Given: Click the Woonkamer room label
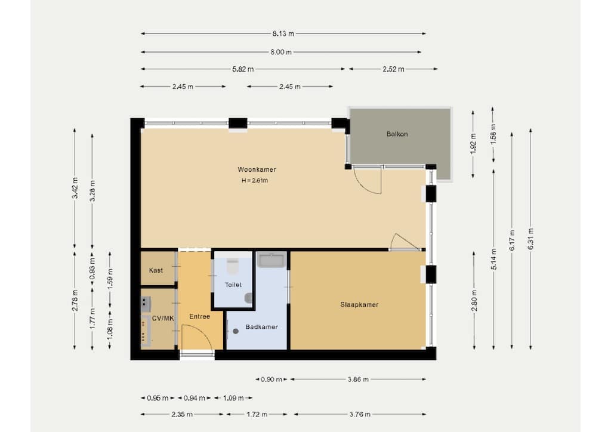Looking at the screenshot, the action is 257,169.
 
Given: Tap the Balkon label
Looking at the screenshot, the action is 397,134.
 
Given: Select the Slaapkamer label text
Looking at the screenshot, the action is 359,305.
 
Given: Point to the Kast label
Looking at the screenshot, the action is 156,270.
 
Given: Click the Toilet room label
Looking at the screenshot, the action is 233,285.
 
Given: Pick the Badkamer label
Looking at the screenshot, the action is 261,327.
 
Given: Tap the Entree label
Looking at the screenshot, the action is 199,317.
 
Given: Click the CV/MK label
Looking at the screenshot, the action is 163,318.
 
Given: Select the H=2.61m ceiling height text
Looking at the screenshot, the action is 255,180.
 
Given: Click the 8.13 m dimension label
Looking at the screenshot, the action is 283,33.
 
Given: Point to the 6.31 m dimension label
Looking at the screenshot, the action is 530,239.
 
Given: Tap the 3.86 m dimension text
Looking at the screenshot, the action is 358,379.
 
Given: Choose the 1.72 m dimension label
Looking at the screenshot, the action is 257,414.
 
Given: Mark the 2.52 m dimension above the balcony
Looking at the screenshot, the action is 393,69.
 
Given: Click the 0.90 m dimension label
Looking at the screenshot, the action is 271,379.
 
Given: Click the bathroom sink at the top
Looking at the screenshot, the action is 272,260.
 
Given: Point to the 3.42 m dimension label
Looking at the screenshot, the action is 75,188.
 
